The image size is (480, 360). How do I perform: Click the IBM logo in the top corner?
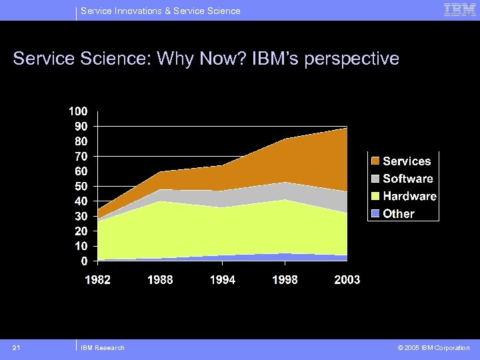460,10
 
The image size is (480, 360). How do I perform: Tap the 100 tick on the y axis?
79,111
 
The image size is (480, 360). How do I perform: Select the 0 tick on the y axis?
83,260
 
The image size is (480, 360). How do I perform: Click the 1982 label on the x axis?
97,280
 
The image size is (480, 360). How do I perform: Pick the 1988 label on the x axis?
160,280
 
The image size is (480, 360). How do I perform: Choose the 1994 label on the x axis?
223,280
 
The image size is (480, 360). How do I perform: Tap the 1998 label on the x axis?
285,280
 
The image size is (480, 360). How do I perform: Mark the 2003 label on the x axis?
347,280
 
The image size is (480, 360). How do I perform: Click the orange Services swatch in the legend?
375,161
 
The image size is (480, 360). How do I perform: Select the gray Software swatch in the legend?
375,179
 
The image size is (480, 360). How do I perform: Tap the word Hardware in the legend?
409,197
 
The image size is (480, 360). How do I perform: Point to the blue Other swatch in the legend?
375,214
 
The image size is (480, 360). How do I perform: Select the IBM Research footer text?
102,347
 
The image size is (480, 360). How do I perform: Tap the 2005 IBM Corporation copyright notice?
433,347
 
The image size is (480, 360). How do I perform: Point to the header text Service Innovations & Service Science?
160,11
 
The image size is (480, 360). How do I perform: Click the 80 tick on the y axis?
81,141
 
